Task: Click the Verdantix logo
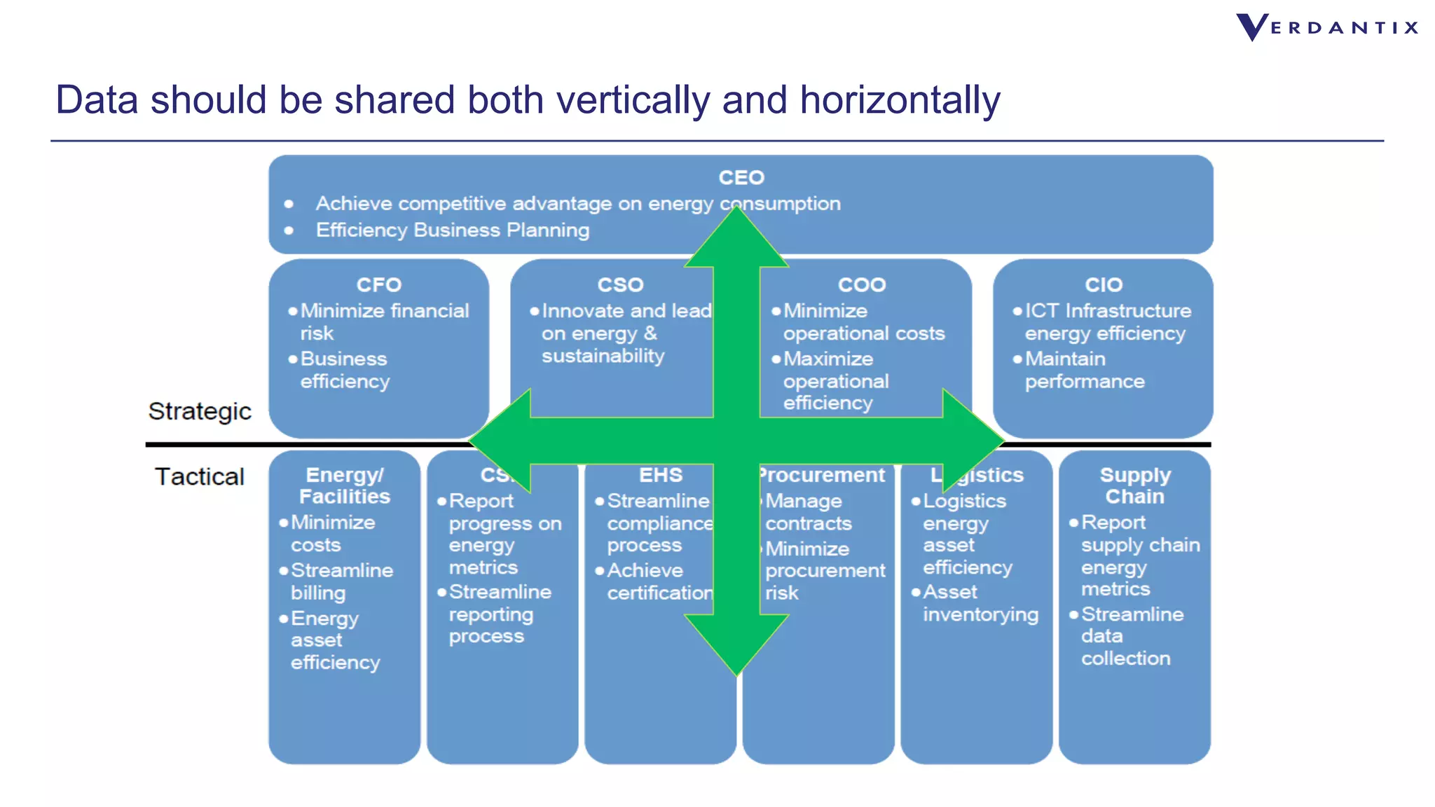click(x=1326, y=28)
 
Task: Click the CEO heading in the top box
click(x=741, y=178)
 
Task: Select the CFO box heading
click(x=378, y=285)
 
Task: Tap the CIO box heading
click(x=1103, y=285)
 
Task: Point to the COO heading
click(x=862, y=285)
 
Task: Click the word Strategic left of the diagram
click(x=199, y=411)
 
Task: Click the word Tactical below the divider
click(x=199, y=477)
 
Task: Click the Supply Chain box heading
click(x=1134, y=485)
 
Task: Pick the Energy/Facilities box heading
click(x=344, y=485)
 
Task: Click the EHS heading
click(x=660, y=476)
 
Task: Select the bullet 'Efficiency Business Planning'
click(x=452, y=230)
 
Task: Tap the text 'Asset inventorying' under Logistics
click(x=980, y=603)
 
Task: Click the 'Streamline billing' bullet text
click(x=341, y=581)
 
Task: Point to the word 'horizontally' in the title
click(x=900, y=99)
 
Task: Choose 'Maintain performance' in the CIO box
click(x=1084, y=370)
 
